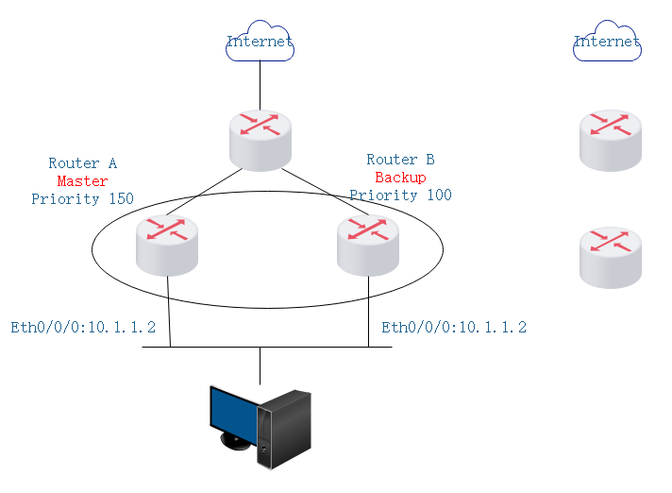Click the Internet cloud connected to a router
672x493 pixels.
coord(260,43)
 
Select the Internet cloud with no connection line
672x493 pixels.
coord(607,43)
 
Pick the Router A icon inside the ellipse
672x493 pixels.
coord(166,245)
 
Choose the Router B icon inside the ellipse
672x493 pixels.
coord(368,245)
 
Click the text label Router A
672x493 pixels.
coord(83,163)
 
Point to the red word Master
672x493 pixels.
coord(83,180)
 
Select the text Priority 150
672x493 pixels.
coord(83,198)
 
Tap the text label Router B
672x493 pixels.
coord(401,160)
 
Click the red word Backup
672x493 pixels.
coord(401,178)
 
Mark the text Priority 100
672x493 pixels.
coord(401,195)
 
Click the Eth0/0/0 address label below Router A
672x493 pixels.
coord(83,328)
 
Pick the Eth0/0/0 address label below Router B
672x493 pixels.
coord(454,328)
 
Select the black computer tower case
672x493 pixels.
coord(285,430)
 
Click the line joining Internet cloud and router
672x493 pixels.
coord(260,85)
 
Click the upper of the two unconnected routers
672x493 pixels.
coord(611,140)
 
